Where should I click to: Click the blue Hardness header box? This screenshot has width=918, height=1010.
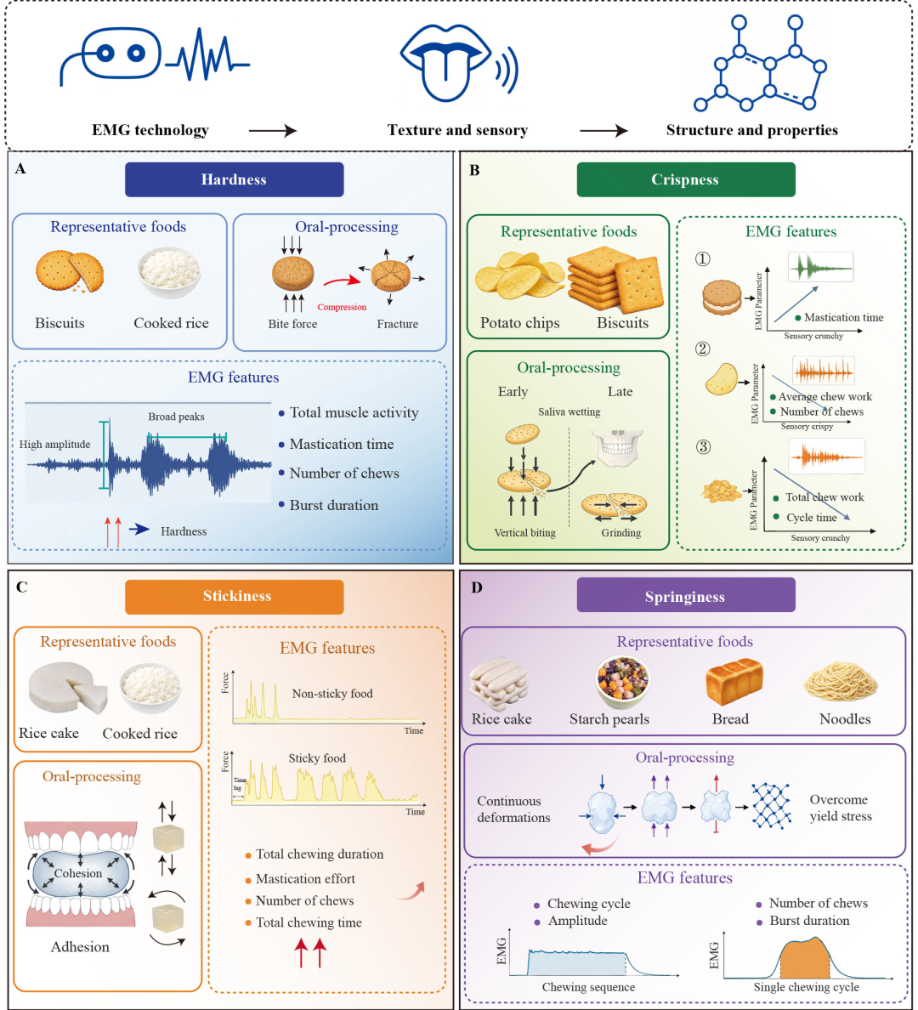[x=234, y=179]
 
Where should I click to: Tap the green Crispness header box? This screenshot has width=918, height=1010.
[x=685, y=179]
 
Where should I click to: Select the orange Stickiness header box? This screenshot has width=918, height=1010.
[x=234, y=597]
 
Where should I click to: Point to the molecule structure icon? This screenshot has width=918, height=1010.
[x=760, y=63]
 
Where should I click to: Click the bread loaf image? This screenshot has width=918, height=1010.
[x=734, y=682]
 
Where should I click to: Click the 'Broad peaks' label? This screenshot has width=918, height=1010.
[x=176, y=417]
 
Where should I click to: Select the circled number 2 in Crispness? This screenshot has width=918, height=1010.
[x=703, y=349]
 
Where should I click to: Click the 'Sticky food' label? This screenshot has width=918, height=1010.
[x=317, y=758]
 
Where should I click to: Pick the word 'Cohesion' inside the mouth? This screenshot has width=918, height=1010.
[x=78, y=873]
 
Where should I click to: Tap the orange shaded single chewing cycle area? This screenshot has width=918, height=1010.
[x=805, y=958]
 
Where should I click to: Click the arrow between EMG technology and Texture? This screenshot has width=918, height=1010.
[x=273, y=131]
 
